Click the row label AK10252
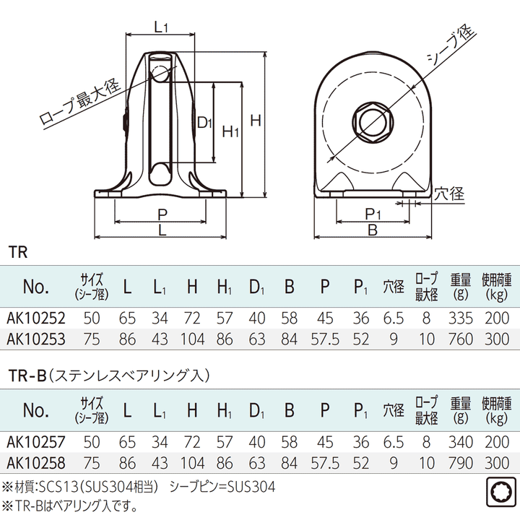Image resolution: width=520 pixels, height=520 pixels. click(36, 318)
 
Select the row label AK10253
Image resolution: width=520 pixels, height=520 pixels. click(36, 338)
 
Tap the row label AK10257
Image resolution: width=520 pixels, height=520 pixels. click(36, 441)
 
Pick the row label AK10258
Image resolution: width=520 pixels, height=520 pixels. click(36, 461)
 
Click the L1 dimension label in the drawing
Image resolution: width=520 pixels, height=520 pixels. click(162, 27)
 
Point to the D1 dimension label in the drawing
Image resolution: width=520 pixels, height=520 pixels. click(205, 123)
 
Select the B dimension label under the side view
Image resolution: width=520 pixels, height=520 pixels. click(373, 230)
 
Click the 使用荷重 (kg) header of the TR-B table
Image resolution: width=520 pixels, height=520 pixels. click(496, 409)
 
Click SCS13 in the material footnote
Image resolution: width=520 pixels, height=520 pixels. click(59, 487)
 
